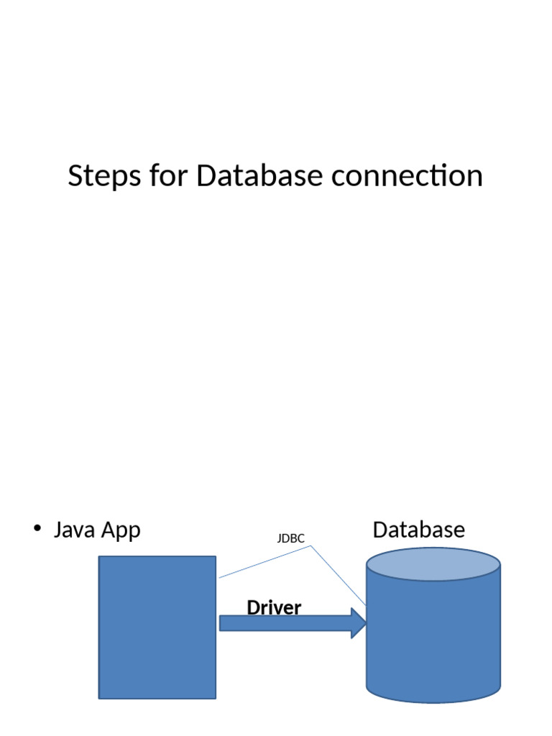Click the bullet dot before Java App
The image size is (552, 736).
point(37,529)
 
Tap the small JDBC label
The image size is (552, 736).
point(291,538)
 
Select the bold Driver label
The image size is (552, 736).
point(274,608)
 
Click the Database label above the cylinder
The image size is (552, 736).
point(418,530)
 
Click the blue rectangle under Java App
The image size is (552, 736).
point(157,627)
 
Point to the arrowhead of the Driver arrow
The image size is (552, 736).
point(359,623)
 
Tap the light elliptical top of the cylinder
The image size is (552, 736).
point(433,564)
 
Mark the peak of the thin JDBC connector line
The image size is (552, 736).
point(310,546)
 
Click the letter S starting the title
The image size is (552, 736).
point(75,176)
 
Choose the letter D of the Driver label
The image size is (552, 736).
point(252,608)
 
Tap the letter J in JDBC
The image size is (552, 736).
point(280,538)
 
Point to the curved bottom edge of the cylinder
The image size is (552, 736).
point(433,701)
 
